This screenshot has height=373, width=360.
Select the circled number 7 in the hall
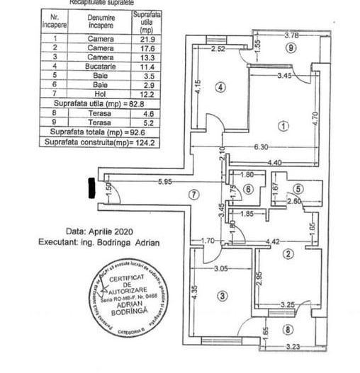click(x=195, y=195)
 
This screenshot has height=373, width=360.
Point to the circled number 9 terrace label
click(x=290, y=49)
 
